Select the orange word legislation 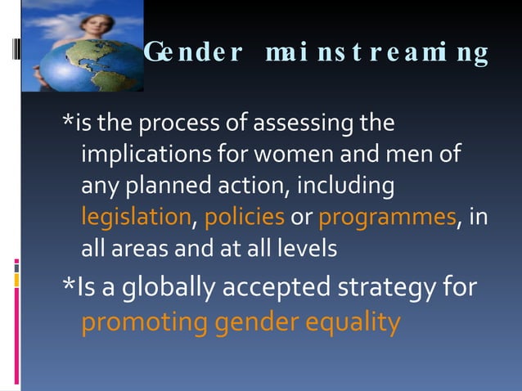[136, 218]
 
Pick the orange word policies [245, 218]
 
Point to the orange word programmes [387, 218]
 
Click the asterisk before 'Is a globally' [70, 284]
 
